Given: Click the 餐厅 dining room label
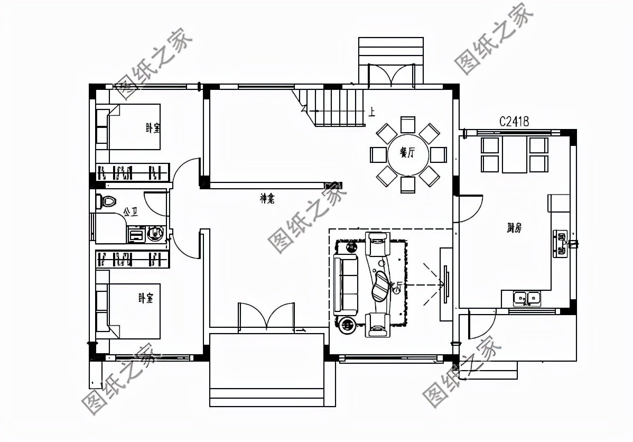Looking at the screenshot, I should pyautogui.click(x=407, y=153).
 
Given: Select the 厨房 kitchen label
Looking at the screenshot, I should pyautogui.click(x=514, y=228).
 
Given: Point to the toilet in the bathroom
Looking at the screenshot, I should pyautogui.click(x=107, y=201).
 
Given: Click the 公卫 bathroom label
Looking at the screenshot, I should pyautogui.click(x=131, y=212).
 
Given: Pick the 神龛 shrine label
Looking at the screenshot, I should pyautogui.click(x=268, y=198).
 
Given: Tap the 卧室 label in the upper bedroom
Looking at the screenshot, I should pyautogui.click(x=153, y=128).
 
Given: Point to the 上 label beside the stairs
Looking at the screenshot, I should pyautogui.click(x=373, y=112).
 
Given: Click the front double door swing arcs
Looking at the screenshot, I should pyautogui.click(x=266, y=316).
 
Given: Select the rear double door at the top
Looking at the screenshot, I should pyautogui.click(x=392, y=74).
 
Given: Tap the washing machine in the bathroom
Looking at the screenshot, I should pyautogui.click(x=155, y=233).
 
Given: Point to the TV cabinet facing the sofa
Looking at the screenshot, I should pyautogui.click(x=446, y=284).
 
